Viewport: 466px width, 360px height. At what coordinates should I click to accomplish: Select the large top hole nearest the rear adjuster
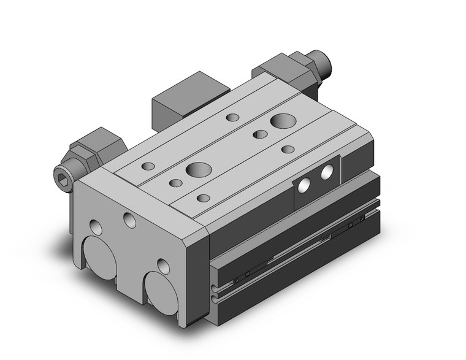click(x=283, y=121)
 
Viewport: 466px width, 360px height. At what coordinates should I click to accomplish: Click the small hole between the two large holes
click(x=261, y=134)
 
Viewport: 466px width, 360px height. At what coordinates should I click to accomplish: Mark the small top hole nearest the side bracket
click(x=288, y=149)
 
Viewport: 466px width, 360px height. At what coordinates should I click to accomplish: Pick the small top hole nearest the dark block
click(x=232, y=117)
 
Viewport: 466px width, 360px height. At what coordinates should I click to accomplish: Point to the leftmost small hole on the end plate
click(x=96, y=226)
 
